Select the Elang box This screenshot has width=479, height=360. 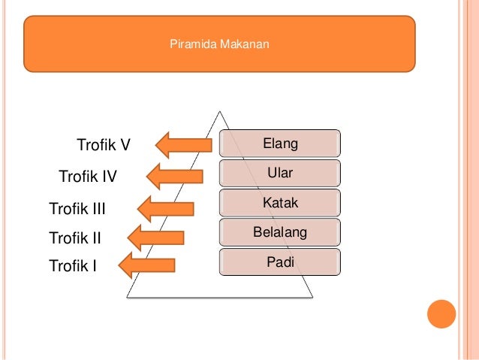click(x=279, y=143)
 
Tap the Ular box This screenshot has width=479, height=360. click(x=279, y=173)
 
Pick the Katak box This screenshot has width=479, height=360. click(x=279, y=203)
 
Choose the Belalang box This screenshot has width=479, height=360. click(x=279, y=233)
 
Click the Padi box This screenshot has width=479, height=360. click(x=279, y=262)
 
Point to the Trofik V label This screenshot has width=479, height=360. click(x=104, y=144)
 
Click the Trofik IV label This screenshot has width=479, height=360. click(x=88, y=177)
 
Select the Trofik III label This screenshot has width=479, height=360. click(x=77, y=208)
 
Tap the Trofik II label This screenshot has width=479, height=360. click(x=74, y=239)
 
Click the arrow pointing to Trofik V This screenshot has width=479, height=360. click(x=183, y=144)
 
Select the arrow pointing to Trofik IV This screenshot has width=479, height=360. click(x=174, y=176)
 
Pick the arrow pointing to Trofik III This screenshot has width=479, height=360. click(x=165, y=208)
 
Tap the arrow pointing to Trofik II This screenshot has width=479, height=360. click(x=156, y=237)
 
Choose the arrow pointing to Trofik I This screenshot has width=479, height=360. click(x=147, y=265)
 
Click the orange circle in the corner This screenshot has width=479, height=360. click(x=441, y=315)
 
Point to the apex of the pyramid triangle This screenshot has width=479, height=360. click(x=220, y=113)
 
